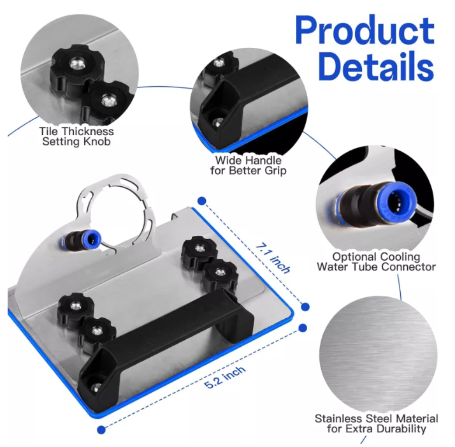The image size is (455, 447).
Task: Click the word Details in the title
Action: pos(376,66)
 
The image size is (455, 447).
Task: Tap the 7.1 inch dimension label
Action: pos(273,258)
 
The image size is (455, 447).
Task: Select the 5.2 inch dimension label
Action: pos(225,377)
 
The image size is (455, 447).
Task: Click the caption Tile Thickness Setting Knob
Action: pos(76,136)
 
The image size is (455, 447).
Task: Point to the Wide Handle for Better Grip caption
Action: pos(249,165)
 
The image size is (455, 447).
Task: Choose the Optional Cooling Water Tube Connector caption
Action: pos(377,261)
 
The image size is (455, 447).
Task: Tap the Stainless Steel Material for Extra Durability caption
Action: pos(377,423)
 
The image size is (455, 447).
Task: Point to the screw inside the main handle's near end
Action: pos(97,386)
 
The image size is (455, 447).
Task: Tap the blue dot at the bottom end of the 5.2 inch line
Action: pos(101,429)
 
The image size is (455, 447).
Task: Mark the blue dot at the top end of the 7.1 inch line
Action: pos(201,201)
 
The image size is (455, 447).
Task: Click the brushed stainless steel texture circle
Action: pos(378,355)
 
